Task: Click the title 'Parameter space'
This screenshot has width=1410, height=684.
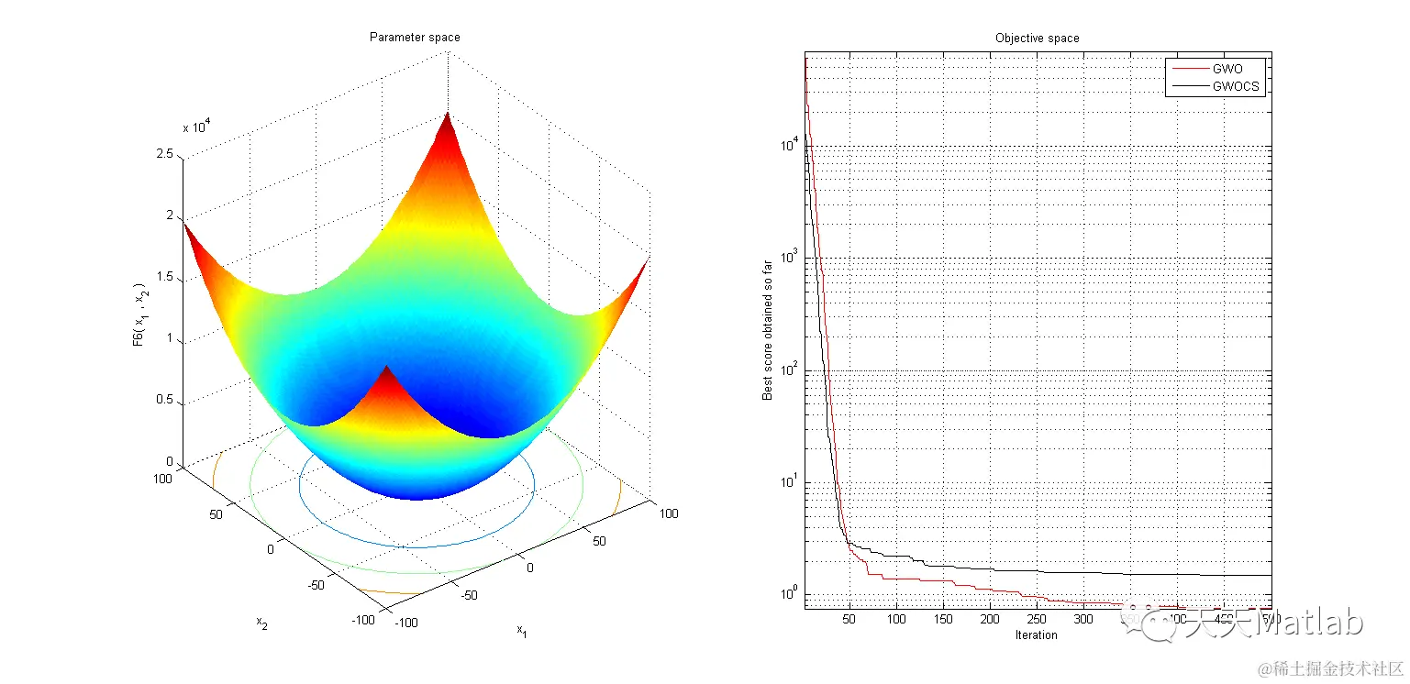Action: (415, 38)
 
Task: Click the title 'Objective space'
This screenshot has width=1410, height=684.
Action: (1037, 39)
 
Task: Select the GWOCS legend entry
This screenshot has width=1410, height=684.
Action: (1236, 87)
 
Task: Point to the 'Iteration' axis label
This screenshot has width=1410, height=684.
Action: (1036, 634)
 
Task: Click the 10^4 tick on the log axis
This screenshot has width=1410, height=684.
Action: (790, 145)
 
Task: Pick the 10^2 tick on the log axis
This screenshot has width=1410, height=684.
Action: (790, 370)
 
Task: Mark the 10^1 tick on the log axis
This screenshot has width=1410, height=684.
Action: (790, 483)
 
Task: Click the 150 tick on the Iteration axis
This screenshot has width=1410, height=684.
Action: (942, 620)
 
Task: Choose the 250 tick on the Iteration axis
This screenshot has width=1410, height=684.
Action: (1036, 620)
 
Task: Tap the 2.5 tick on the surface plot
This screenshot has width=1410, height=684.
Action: (164, 155)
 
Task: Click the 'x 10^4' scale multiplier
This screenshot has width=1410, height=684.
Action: (198, 127)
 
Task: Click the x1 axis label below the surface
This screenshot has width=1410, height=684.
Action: (522, 631)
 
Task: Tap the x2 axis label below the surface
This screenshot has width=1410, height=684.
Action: (261, 623)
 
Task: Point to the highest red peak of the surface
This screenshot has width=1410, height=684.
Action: (448, 116)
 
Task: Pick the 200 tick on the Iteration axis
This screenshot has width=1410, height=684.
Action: (989, 620)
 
